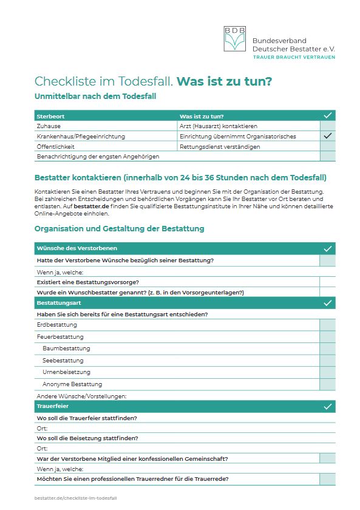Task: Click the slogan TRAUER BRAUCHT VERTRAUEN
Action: [293, 57]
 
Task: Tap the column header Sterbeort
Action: [51, 115]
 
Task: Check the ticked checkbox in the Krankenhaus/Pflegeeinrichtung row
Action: [328, 136]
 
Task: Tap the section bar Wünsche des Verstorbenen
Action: [77, 248]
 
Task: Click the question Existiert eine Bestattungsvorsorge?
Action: [87, 282]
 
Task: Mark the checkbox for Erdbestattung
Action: [328, 325]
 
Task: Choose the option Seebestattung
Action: [63, 360]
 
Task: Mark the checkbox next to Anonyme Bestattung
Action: [328, 384]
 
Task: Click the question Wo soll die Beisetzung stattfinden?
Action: [87, 438]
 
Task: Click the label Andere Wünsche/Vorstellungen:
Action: [81, 396]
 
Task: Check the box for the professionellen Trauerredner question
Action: [328, 479]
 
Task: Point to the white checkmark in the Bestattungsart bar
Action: [328, 302]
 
